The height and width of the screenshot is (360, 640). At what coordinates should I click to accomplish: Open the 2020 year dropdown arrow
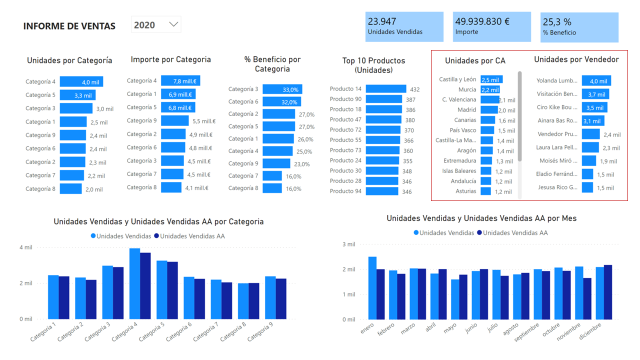(174, 24)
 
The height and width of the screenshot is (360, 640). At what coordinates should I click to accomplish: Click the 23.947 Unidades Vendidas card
(404, 27)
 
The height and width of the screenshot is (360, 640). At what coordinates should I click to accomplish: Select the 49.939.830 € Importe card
(491, 27)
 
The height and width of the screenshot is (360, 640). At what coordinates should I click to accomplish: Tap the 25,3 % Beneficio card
(579, 27)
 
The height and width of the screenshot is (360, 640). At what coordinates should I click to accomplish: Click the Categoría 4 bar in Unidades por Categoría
(81, 82)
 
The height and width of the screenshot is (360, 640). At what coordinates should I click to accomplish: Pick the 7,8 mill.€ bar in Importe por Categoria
(180, 81)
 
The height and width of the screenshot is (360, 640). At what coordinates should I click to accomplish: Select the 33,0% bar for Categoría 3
(282, 89)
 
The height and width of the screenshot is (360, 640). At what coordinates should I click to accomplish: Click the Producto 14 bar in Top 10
(385, 89)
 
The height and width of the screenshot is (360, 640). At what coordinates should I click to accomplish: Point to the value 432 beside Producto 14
(414, 89)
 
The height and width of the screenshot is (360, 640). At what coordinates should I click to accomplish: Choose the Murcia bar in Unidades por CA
(490, 90)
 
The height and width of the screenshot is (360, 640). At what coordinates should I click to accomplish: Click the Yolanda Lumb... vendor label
(556, 81)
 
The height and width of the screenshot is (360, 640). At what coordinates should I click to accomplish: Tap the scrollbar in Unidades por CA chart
(519, 115)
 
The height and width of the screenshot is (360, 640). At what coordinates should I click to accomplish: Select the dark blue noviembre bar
(587, 298)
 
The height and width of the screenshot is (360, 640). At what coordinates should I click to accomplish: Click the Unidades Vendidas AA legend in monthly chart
(515, 233)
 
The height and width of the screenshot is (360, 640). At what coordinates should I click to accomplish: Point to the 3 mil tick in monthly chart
(348, 244)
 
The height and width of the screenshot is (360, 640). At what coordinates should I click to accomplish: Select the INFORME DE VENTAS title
(69, 26)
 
